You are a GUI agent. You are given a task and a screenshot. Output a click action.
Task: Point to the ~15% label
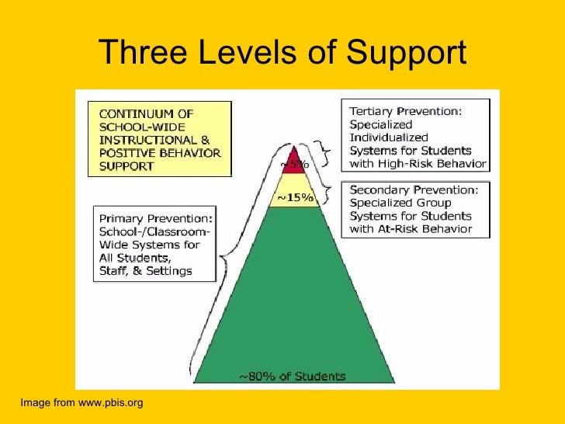click(x=295, y=198)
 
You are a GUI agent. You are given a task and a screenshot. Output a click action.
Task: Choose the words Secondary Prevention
click(x=412, y=189)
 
